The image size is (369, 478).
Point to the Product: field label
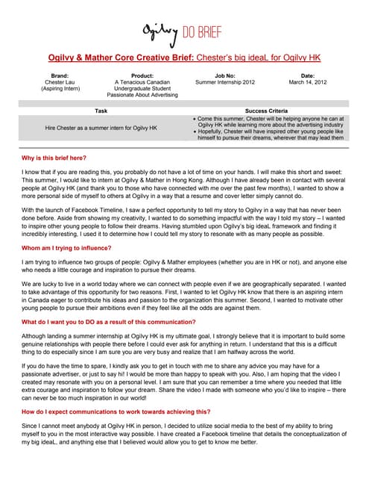[142, 75]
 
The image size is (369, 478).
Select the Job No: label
[224, 75]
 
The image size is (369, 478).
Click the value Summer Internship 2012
[224, 82]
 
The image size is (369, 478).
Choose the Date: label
[307, 75]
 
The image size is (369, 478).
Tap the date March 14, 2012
[307, 82]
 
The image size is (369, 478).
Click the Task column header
[101, 110]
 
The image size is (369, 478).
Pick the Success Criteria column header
[269, 110]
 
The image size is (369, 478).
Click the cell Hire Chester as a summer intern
[101, 128]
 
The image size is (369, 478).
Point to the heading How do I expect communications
[116, 412]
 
